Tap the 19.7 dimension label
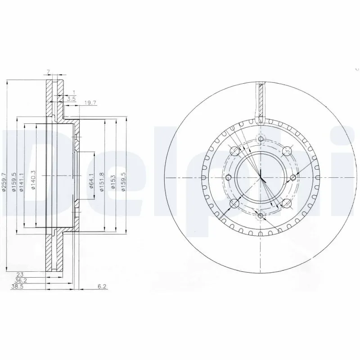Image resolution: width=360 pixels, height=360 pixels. click(90, 103)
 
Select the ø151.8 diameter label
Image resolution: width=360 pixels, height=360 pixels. click(102, 182)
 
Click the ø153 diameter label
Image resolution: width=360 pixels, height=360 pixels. click(113, 182)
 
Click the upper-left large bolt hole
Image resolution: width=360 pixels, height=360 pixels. click(234, 151)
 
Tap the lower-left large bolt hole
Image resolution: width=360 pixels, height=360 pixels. click(234, 205)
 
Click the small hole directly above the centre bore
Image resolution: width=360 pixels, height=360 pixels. click(261, 139)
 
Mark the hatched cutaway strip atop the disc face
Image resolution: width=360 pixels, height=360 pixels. click(261, 101)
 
